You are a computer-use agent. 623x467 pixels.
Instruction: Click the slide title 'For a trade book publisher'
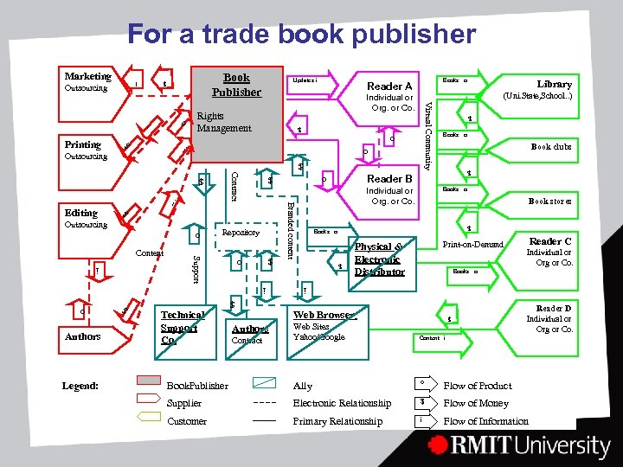pyautogui.click(x=301, y=35)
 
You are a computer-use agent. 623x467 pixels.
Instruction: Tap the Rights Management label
pyautogui.click(x=223, y=122)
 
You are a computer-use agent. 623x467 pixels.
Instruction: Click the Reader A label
pyautogui.click(x=389, y=86)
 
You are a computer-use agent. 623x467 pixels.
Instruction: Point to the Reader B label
pyautogui.click(x=389, y=179)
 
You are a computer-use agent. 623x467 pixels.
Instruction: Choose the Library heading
pyautogui.click(x=554, y=84)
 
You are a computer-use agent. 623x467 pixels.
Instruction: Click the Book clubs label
pyautogui.click(x=551, y=147)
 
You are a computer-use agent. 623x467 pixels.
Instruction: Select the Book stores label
pyautogui.click(x=550, y=201)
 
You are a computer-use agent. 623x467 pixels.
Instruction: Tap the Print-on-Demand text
pyautogui.click(x=472, y=245)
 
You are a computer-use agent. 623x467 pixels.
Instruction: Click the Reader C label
pyautogui.click(x=550, y=241)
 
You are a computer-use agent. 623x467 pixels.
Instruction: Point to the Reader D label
pyautogui.click(x=554, y=308)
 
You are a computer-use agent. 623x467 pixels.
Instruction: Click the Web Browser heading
pyautogui.click(x=324, y=315)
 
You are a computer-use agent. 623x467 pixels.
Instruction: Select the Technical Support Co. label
pyautogui.click(x=182, y=328)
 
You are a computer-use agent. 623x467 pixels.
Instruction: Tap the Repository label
pyautogui.click(x=241, y=233)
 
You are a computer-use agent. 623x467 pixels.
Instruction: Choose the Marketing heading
pyautogui.click(x=88, y=76)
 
